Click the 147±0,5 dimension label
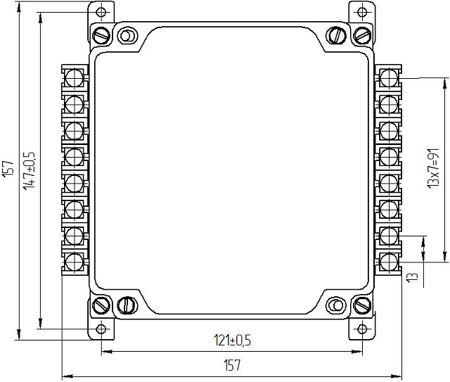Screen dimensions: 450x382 (30, 170)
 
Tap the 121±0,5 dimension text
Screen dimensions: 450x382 (232, 340)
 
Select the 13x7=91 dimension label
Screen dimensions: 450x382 (433, 168)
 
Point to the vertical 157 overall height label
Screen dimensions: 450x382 (9, 169)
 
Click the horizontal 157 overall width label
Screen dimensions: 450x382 (232, 365)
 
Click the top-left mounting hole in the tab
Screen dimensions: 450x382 (101, 12)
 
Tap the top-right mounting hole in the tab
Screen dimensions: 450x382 (362, 12)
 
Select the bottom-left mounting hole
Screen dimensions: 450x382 (101, 329)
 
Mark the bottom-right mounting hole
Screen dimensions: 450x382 (363, 329)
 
